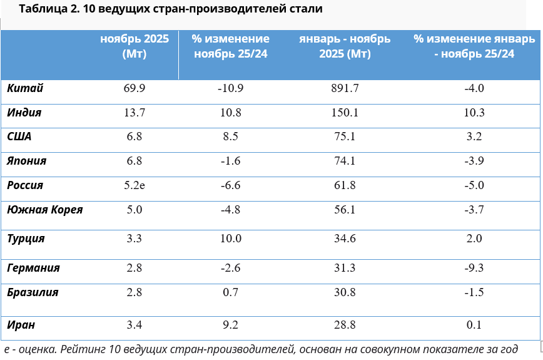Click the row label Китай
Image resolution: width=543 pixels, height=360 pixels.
coord(25,88)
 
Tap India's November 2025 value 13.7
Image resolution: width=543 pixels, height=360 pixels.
coord(134,113)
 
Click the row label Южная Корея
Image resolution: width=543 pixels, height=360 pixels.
coord(45,210)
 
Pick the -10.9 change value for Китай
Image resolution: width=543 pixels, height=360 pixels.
coord(230,88)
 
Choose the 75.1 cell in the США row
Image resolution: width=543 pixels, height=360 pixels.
coord(345,136)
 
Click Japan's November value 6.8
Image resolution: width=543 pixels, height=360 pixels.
coord(134,161)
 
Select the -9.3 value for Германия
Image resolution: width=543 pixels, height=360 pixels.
coord(474,268)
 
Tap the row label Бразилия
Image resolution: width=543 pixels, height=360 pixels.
coord(33,292)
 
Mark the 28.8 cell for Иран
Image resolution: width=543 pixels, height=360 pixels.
coord(345,325)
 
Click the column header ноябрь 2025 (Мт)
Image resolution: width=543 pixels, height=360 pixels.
coord(134,46)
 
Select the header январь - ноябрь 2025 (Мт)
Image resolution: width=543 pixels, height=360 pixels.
coord(345,46)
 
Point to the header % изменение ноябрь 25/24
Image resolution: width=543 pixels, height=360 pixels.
coord(231,46)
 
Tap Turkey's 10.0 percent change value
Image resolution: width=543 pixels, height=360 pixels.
coord(231,239)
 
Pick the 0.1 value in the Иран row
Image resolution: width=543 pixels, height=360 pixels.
coord(474,325)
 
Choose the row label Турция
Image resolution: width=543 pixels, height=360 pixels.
coord(26,239)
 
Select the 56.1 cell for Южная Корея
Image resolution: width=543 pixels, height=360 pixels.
coord(345,210)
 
